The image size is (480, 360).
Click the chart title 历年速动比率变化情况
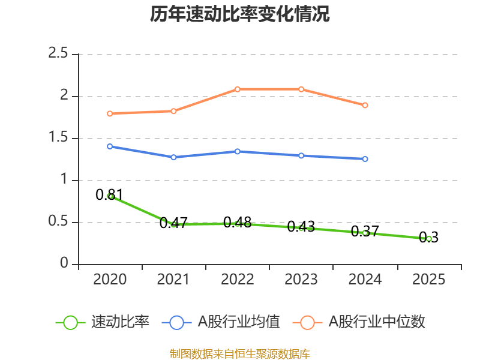pyautogui.click(x=240, y=14)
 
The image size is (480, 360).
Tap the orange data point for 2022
pyautogui.click(x=238, y=89)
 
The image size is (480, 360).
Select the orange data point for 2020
pyautogui.click(x=110, y=113)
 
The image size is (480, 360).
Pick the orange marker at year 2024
pyautogui.click(x=365, y=105)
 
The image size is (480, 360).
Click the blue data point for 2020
pyautogui.click(x=110, y=146)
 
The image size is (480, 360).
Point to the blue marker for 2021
pyautogui.click(x=173, y=157)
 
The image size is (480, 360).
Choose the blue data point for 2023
pyautogui.click(x=301, y=155)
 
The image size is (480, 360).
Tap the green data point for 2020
pyautogui.click(x=110, y=196)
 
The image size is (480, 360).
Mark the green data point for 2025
pyautogui.click(x=428, y=239)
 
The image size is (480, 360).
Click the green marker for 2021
pyautogui.click(x=173, y=224)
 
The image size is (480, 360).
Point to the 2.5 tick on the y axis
pyautogui.click(x=58, y=55)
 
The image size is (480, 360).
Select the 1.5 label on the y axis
pyautogui.click(x=58, y=139)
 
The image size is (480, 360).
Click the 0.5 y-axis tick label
pyautogui.click(x=58, y=223)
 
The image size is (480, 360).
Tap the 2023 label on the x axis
pyautogui.click(x=301, y=280)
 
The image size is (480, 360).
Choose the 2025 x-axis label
pyautogui.click(x=428, y=280)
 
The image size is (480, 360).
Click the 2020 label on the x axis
pyautogui.click(x=110, y=280)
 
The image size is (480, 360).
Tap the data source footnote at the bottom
pyautogui.click(x=240, y=353)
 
